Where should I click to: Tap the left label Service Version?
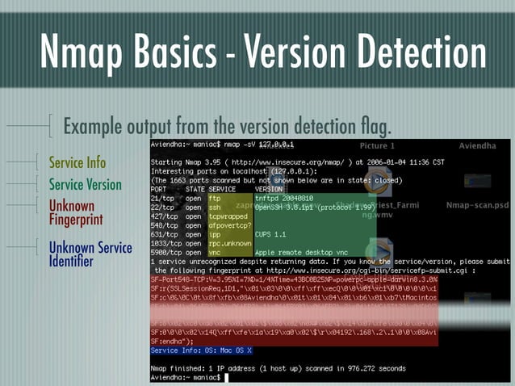(86, 184)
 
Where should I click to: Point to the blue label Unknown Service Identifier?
(90, 254)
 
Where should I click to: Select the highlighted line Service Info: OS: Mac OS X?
(202, 350)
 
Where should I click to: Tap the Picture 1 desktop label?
(377, 146)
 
